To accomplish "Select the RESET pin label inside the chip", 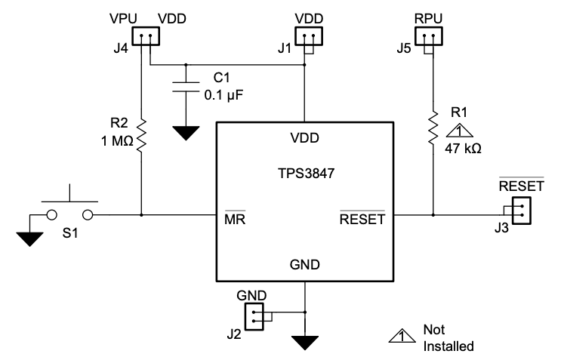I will point(362,220).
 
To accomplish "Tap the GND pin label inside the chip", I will point(304,265).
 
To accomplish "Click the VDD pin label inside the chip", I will point(304,138).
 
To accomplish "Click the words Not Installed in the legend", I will point(448,340).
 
